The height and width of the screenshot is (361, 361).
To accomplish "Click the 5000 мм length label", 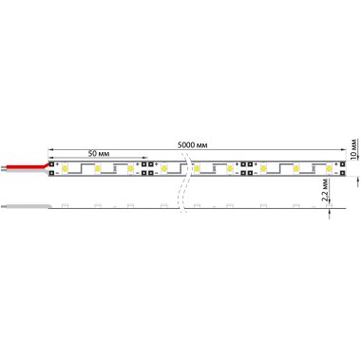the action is click(x=192, y=145).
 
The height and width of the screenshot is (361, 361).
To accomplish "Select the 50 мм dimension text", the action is click(x=99, y=154).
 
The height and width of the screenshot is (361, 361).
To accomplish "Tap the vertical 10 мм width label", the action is click(x=354, y=148).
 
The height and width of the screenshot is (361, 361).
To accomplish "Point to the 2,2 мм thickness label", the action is click(x=325, y=190).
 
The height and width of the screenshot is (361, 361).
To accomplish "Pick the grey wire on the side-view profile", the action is click(x=26, y=206).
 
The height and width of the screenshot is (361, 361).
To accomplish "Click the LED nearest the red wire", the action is click(x=66, y=168).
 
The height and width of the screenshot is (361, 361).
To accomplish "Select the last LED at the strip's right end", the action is click(x=330, y=168).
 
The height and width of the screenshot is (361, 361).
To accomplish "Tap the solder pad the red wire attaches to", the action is click(x=51, y=164).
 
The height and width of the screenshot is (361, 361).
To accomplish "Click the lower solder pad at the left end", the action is click(x=51, y=173).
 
